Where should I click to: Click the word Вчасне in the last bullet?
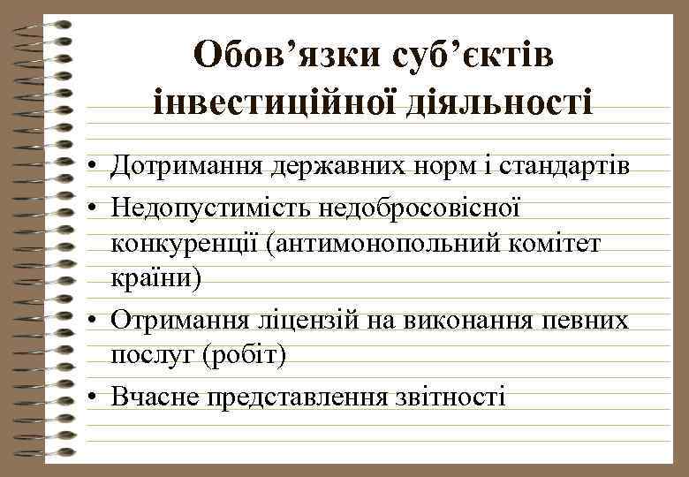[x=156, y=396]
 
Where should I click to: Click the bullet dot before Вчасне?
[x=93, y=397]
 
